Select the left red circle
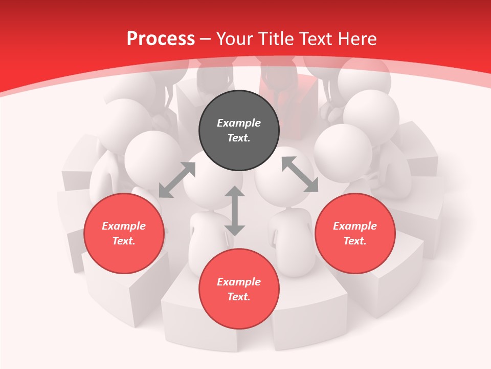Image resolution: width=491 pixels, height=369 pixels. (x=124, y=233)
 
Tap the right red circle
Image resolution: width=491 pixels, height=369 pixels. (x=355, y=233)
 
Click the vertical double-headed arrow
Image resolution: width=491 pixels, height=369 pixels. (x=235, y=211)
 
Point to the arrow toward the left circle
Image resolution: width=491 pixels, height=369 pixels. (x=177, y=180)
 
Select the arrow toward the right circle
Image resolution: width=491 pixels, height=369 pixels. (x=300, y=174)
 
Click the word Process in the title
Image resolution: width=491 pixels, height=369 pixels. (x=161, y=38)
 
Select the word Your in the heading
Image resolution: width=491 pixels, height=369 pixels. (x=235, y=38)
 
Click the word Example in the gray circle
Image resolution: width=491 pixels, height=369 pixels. (x=239, y=123)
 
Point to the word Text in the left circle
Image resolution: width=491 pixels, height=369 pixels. (x=124, y=241)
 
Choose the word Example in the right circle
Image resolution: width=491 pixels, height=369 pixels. (x=355, y=226)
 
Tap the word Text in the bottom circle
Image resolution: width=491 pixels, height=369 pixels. (x=239, y=297)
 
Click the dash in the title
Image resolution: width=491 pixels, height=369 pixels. (x=206, y=39)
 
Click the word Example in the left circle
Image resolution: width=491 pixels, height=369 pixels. (x=124, y=226)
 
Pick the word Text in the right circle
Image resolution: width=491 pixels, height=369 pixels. (x=355, y=241)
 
